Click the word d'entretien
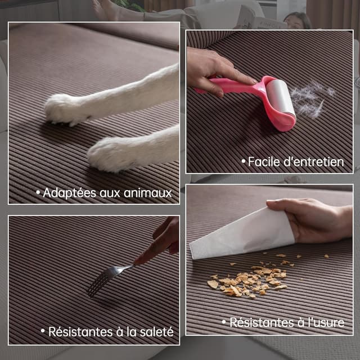point(314,162)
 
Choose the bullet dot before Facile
point(244,162)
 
